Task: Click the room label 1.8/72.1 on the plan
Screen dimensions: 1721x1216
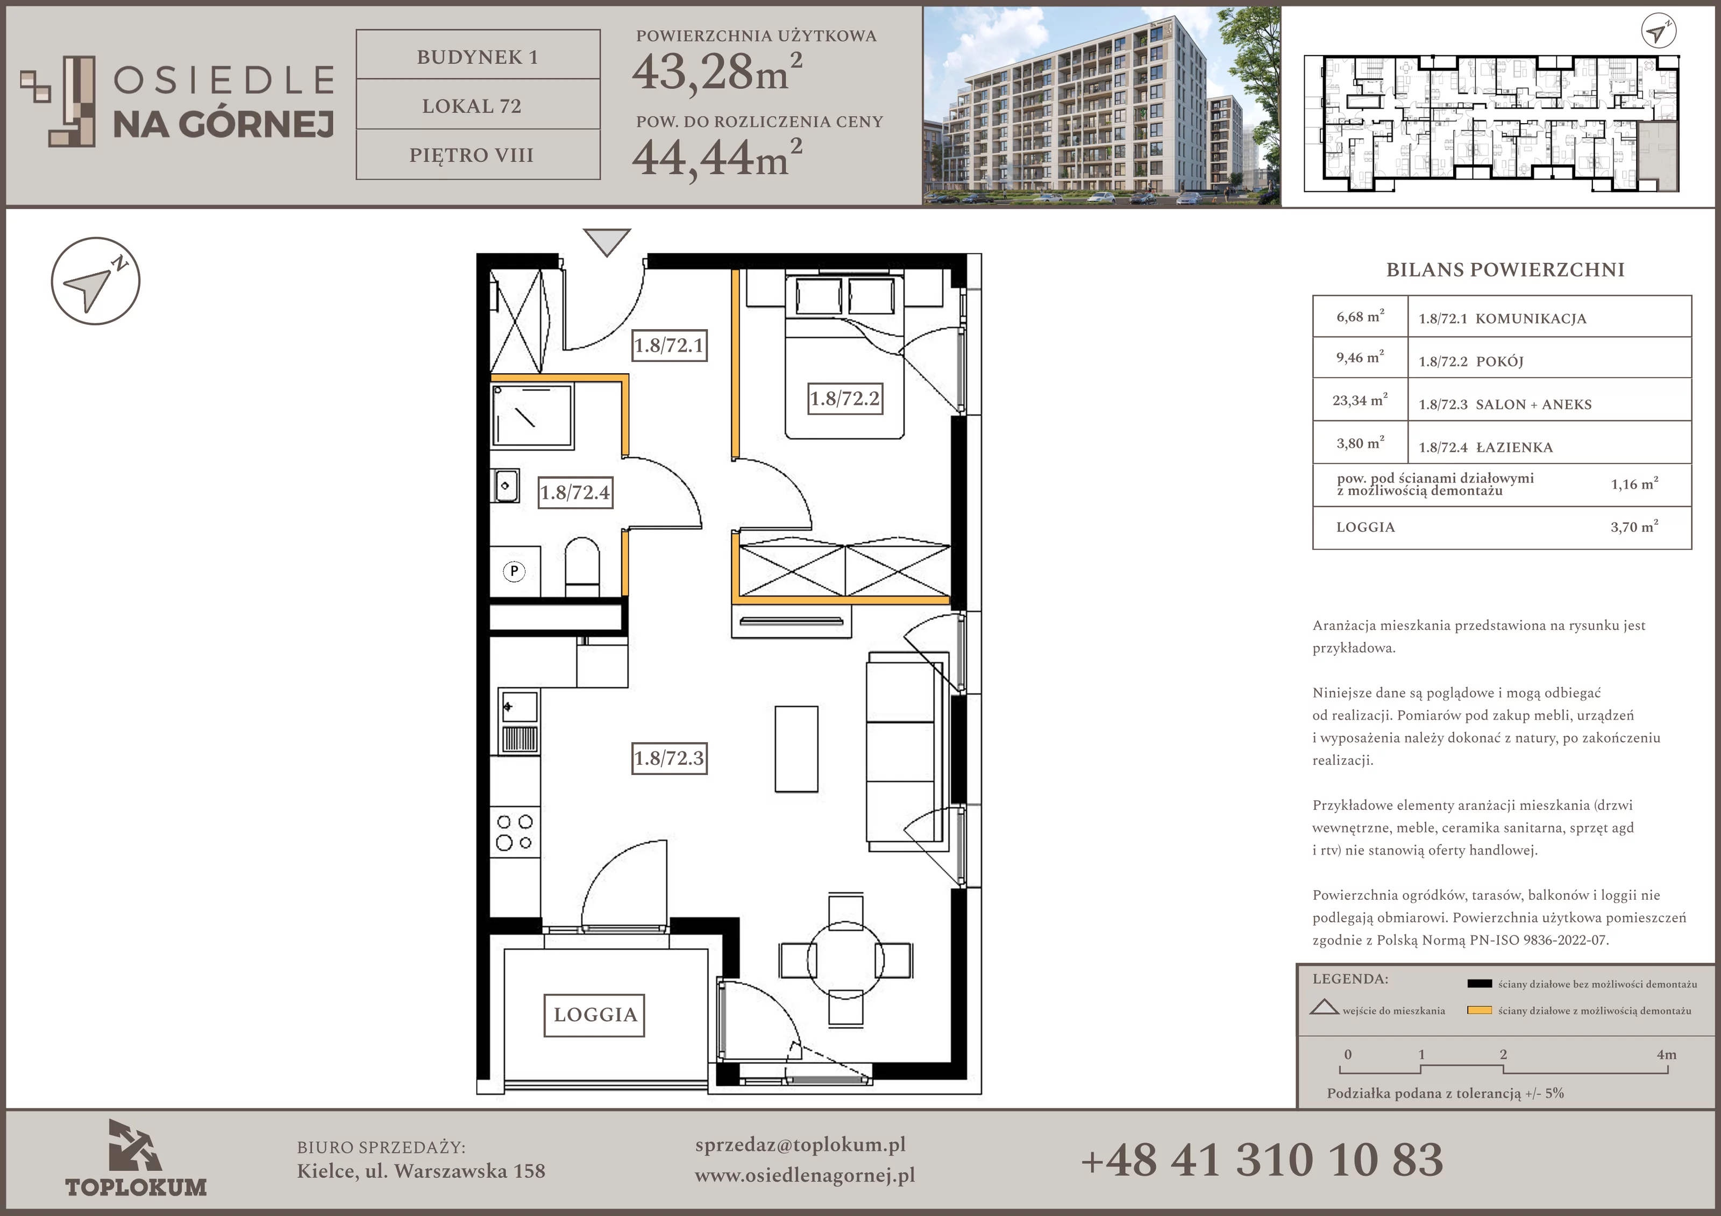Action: [669, 346]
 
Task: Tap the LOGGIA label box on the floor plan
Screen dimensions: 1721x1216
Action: [594, 1015]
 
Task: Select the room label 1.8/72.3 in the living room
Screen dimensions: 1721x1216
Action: [669, 758]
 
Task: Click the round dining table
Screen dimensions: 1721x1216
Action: [845, 959]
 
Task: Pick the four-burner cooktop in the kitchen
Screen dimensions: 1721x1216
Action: [515, 832]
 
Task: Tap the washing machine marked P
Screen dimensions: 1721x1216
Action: [514, 571]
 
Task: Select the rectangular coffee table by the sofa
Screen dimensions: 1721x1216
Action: [796, 748]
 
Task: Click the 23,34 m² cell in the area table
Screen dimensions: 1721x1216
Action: [1360, 400]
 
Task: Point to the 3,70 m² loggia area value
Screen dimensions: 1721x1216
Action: [1634, 527]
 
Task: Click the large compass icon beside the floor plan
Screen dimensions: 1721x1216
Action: [95, 281]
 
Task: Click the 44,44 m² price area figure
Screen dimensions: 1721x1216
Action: [716, 158]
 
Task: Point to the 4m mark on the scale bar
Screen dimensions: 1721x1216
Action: [1666, 1055]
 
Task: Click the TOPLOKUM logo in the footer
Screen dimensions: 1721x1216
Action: [136, 1158]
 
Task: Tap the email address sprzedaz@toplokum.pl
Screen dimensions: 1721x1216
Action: [800, 1145]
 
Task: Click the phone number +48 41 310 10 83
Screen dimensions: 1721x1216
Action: [1262, 1160]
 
